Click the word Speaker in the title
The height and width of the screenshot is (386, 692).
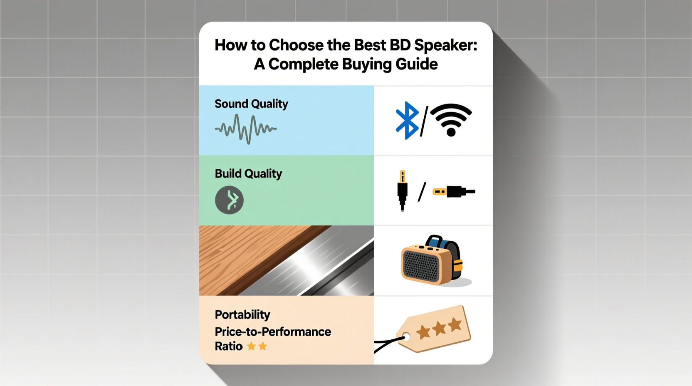tap(446, 45)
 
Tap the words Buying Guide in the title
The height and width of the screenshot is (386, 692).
tap(390, 64)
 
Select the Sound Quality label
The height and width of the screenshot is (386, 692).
tap(251, 104)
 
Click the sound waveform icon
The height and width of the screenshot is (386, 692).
tap(246, 129)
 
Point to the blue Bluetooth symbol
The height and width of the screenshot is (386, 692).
tap(407, 121)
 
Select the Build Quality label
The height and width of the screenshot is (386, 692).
tap(248, 174)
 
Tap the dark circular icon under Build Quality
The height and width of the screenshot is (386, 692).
tap(229, 200)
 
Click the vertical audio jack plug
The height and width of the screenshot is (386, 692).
tap(402, 191)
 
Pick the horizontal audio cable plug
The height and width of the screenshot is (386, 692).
tap(454, 192)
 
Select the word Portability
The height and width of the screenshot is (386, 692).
tap(242, 315)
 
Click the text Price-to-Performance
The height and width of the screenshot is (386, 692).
tap(273, 332)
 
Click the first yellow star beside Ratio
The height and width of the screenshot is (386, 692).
tap(252, 346)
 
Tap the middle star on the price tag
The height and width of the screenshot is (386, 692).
tap(439, 329)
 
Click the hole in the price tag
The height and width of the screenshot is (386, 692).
tap(406, 337)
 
